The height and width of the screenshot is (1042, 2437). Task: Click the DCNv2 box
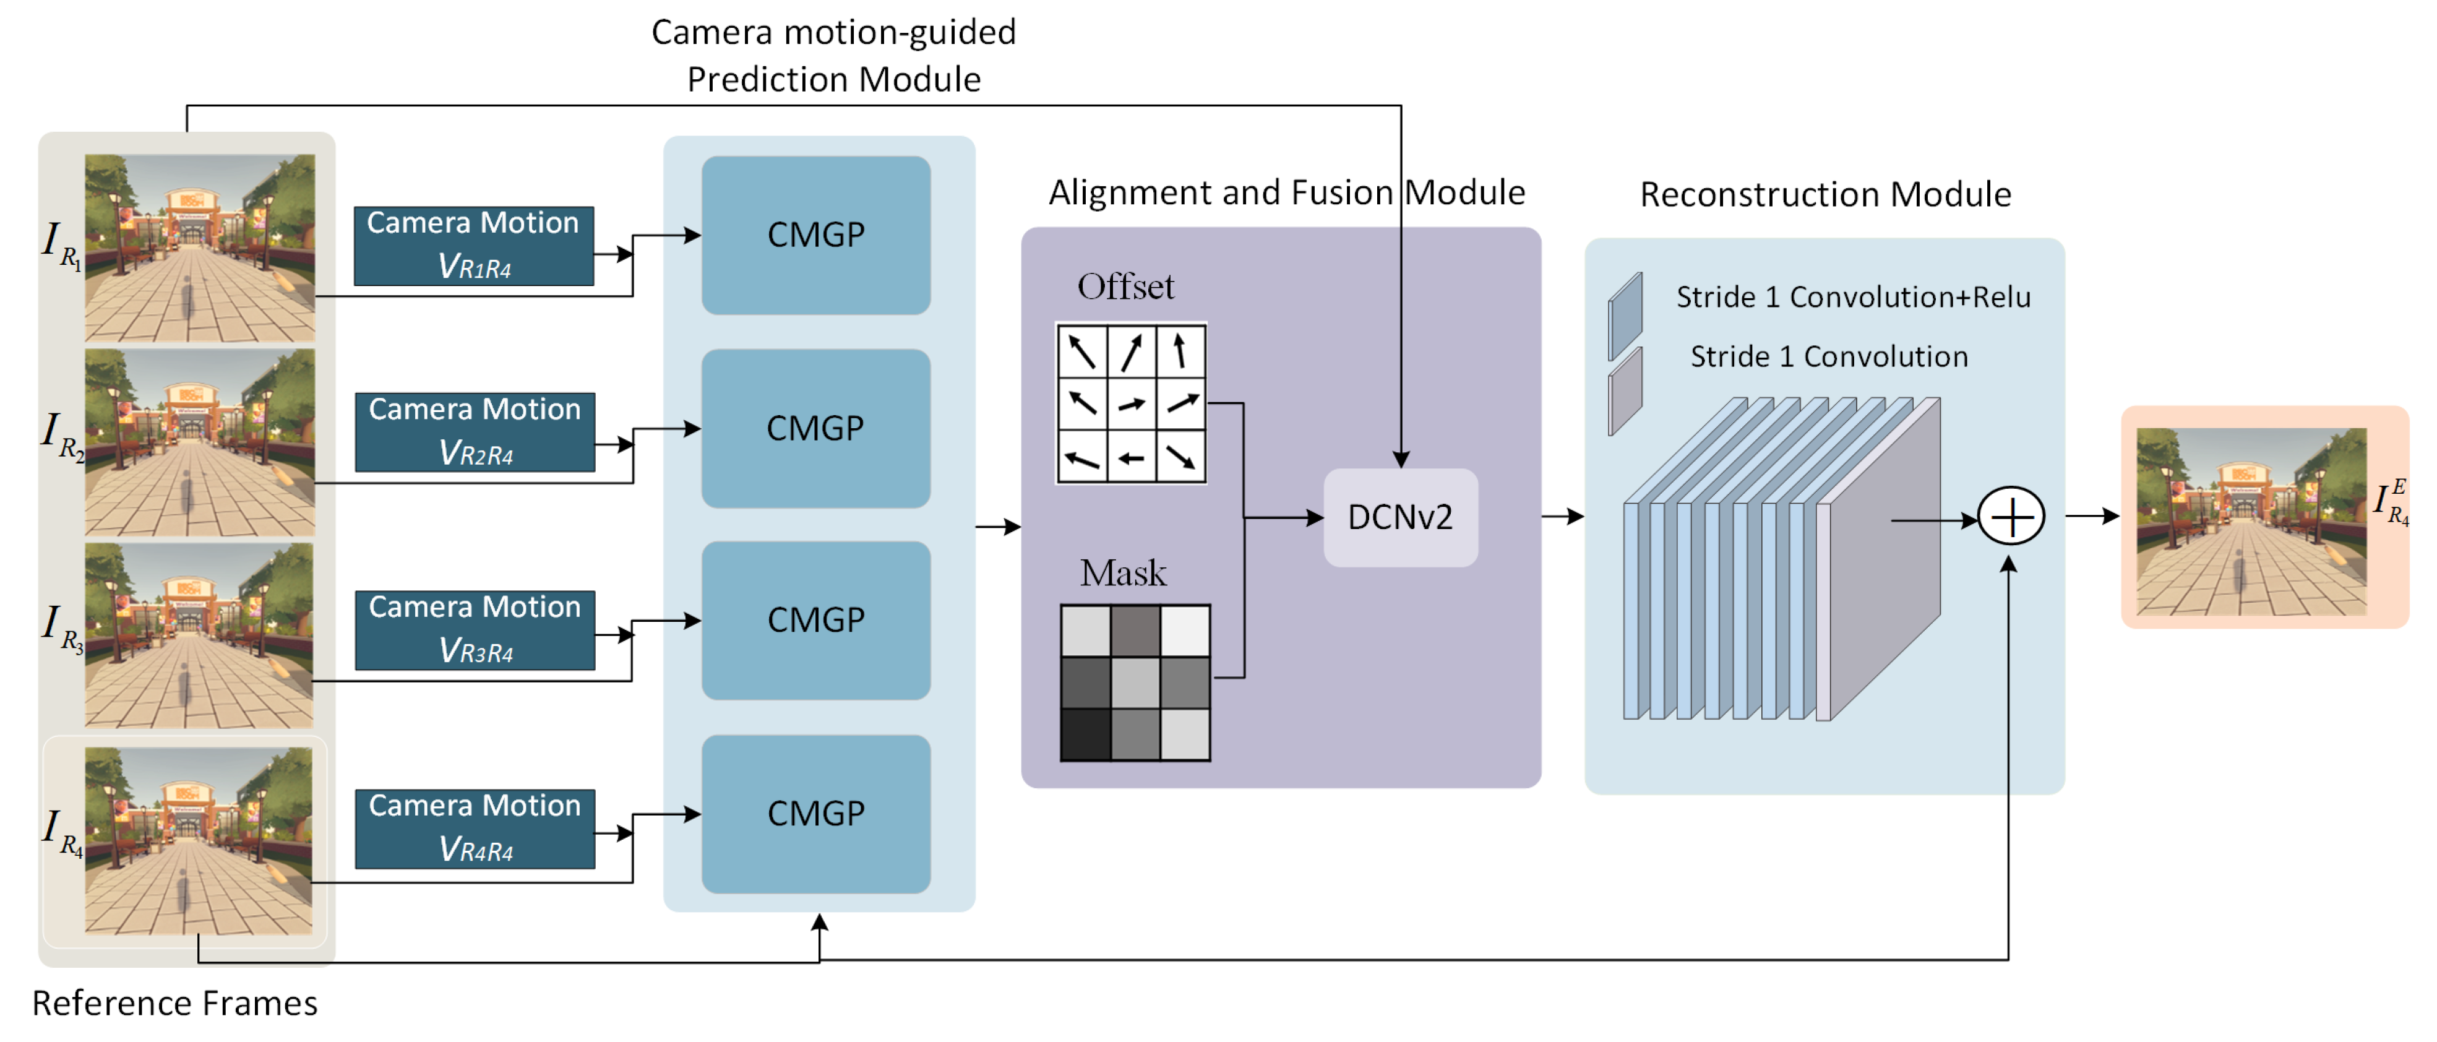tap(1399, 518)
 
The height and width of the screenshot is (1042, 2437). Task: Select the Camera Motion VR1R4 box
tap(473, 245)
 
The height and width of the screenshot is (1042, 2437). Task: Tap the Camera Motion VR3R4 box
tap(475, 629)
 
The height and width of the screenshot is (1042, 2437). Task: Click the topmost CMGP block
tap(815, 235)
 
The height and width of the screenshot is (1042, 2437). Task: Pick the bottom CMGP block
tap(815, 814)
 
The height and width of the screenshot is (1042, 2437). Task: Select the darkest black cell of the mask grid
tap(1085, 734)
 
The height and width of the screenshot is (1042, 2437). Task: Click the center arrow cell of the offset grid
tap(1132, 404)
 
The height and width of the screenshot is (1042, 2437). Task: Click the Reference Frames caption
tap(175, 1002)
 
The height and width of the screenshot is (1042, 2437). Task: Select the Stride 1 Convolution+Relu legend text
tap(1852, 297)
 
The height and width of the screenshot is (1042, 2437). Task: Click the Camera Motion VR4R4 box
tap(475, 828)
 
